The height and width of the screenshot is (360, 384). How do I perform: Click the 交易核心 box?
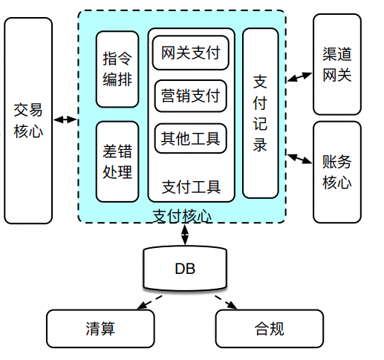28,120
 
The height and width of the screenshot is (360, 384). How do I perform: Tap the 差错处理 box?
117,161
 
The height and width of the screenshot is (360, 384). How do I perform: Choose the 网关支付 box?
191,53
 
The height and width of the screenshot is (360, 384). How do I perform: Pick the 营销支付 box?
191,96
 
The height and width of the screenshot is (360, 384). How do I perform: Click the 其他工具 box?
191,138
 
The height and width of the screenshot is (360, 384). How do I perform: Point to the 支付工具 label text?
191,186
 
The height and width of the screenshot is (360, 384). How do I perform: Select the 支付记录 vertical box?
261,113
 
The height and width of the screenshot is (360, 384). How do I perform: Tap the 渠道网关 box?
336,65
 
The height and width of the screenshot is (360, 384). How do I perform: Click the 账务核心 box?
336,171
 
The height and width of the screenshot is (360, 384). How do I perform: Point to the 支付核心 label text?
182,216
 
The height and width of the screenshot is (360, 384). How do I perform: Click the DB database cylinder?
185,269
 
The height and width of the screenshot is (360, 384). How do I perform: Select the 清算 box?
100,329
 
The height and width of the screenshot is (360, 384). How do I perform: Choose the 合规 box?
269,329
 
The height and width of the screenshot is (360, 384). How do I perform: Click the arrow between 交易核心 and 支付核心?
65,120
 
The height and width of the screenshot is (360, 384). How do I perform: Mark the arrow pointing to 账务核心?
299,157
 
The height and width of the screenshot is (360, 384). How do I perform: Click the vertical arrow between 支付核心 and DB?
184,234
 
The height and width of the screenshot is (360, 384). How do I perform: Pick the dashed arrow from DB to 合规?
227,303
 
